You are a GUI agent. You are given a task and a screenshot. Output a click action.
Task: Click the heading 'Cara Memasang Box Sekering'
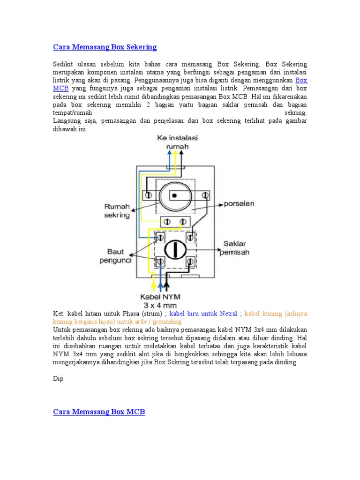(105, 47)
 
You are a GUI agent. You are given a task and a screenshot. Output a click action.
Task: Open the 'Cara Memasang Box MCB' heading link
(99, 412)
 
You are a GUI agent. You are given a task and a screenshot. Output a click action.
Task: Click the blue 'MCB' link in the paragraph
(60, 88)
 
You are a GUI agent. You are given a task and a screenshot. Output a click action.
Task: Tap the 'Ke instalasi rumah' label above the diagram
(177, 142)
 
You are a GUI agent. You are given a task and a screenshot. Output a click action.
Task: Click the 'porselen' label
(239, 204)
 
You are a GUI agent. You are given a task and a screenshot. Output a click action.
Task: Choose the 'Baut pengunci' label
(116, 256)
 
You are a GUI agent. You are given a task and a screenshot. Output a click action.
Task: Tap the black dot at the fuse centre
(174, 195)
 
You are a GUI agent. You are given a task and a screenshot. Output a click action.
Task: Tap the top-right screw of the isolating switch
(190, 238)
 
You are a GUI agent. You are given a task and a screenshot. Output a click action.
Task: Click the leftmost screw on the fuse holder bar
(148, 195)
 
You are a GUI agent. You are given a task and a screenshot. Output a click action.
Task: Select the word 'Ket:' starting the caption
(59, 313)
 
